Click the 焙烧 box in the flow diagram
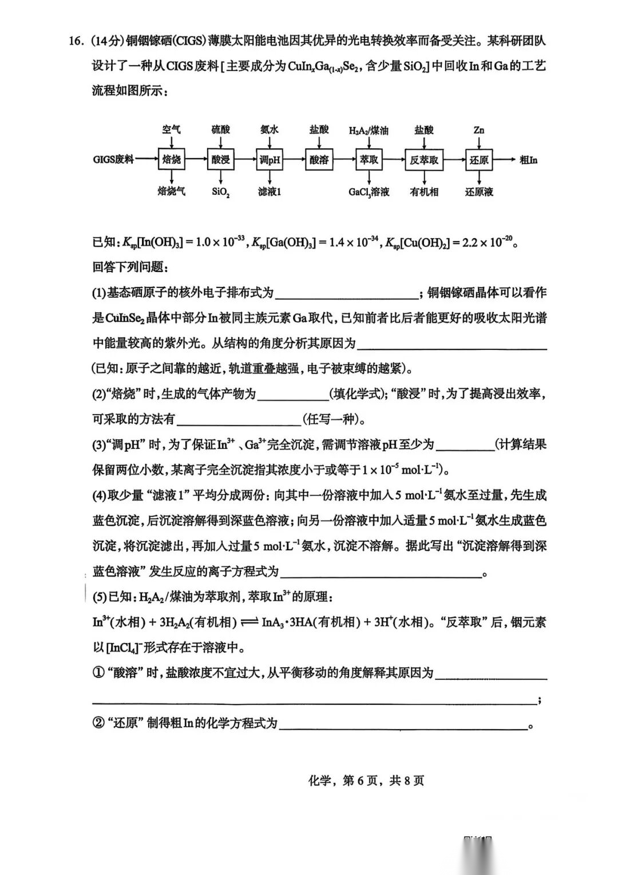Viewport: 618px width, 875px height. click(172, 160)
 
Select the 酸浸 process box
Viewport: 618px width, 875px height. click(220, 160)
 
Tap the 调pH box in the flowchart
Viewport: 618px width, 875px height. click(270, 160)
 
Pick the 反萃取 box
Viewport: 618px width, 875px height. click(424, 160)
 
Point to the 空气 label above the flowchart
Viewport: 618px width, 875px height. click(171, 129)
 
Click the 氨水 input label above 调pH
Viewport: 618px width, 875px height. click(270, 129)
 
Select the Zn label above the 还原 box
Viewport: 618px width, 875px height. click(479, 130)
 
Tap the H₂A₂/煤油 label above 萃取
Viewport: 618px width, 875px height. click(369, 130)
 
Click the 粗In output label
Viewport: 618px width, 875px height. click(528, 160)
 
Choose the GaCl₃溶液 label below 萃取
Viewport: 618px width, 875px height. click(369, 192)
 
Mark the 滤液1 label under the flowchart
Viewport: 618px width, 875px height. click(270, 192)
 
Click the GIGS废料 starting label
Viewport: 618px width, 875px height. click(113, 160)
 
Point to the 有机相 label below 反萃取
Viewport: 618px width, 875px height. click(424, 192)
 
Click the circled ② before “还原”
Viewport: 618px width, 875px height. click(98, 723)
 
